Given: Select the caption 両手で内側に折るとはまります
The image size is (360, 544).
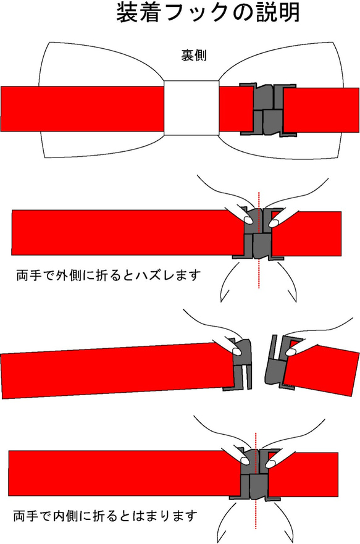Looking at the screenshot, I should tap(106, 514).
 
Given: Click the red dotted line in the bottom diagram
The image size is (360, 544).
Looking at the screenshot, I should tap(255, 519).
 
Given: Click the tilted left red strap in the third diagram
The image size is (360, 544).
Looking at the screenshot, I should tap(111, 370).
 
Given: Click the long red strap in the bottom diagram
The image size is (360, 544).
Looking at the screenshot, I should tap(123, 474).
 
